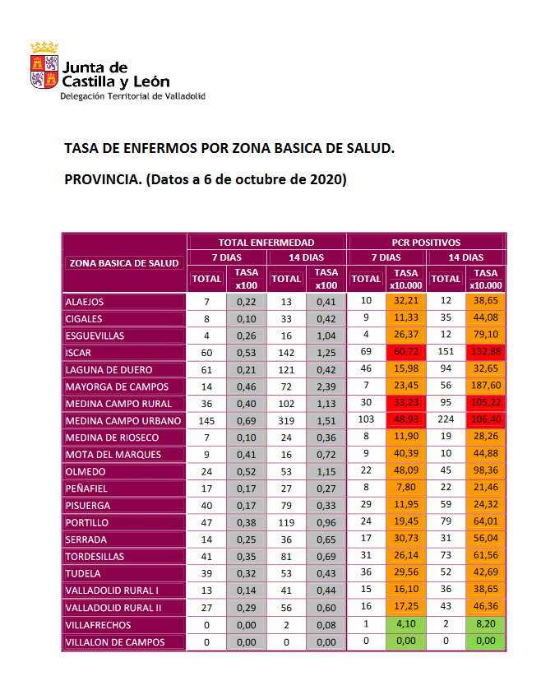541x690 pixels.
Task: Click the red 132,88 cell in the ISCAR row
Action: [x=485, y=353]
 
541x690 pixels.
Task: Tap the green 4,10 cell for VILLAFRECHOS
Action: [x=406, y=625]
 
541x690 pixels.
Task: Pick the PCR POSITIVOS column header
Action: [x=426, y=243]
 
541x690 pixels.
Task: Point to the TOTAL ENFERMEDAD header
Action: [x=266, y=243]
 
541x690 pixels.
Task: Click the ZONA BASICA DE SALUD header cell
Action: [x=124, y=263]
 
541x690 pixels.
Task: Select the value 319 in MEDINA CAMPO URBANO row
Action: [x=287, y=421]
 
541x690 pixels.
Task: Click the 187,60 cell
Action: [x=485, y=387]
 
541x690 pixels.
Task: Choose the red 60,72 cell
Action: [x=406, y=353]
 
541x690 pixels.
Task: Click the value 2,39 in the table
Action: [x=326, y=387]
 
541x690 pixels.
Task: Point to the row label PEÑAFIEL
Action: [x=87, y=489]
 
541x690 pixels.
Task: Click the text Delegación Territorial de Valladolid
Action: [x=133, y=96]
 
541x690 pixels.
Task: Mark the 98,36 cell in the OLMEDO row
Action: [x=485, y=472]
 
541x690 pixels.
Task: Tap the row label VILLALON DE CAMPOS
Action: [x=114, y=642]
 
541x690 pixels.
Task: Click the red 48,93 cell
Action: [x=406, y=421]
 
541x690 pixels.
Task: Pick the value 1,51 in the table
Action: [x=326, y=421]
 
